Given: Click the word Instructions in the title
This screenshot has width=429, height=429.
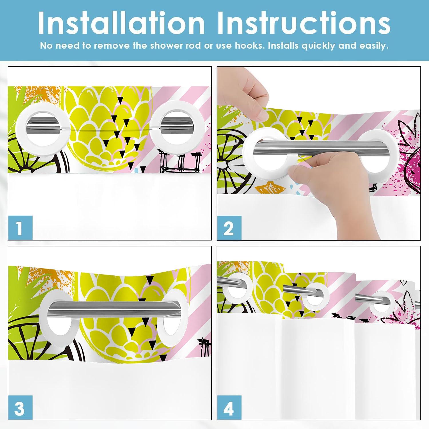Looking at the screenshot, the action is (x=304, y=23).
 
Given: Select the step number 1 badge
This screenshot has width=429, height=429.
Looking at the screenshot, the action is (x=20, y=228).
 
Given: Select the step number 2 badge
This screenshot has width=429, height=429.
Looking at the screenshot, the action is (x=229, y=228).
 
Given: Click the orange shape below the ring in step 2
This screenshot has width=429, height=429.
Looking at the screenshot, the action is (x=265, y=189).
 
